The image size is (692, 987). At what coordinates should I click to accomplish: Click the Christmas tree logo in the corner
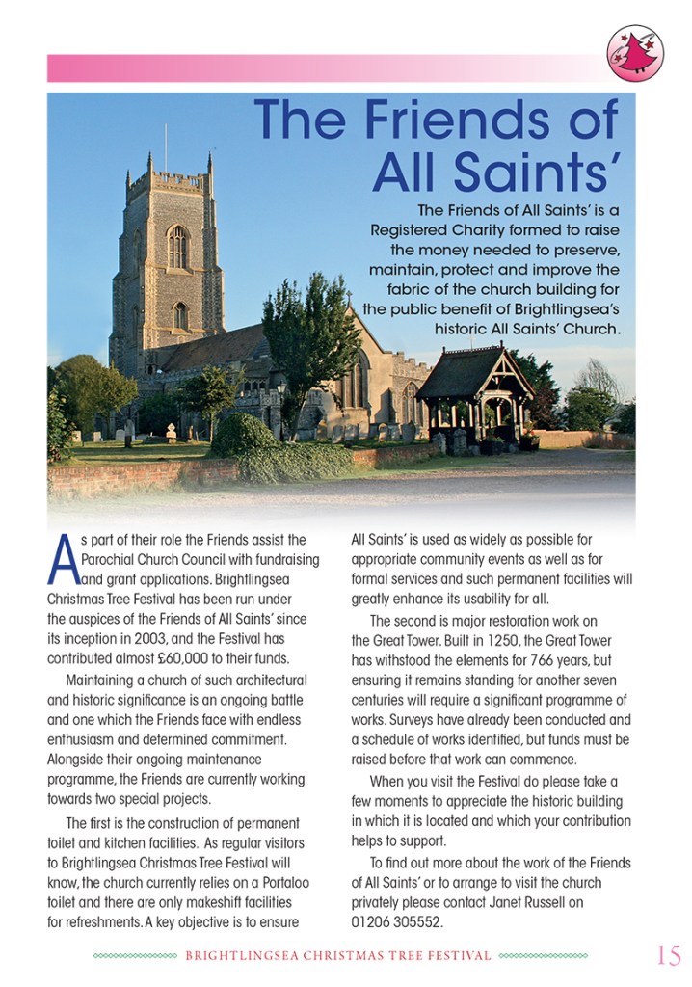tap(635, 53)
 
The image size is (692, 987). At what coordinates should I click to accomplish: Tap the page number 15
tap(668, 955)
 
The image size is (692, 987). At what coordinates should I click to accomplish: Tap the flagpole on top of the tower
tap(165, 146)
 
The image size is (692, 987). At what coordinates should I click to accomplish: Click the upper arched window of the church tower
tap(176, 247)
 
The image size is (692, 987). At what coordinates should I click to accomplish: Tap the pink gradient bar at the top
tap(318, 67)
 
